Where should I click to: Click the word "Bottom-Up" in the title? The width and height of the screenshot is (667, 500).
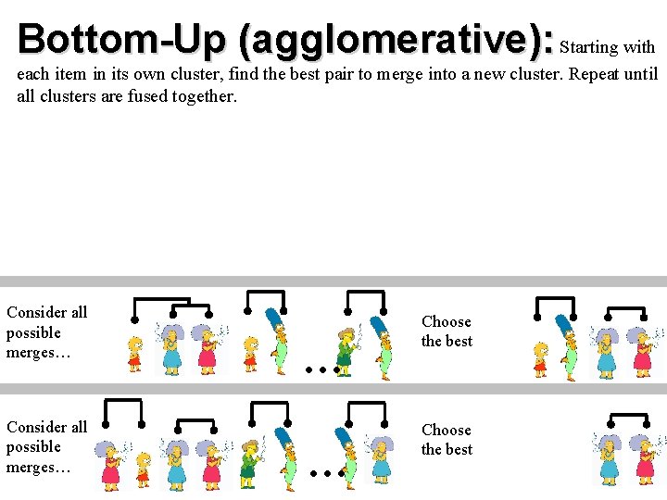120,39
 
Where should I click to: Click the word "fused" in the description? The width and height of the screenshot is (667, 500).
136,95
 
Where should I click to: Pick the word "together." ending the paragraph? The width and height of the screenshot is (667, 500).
205,95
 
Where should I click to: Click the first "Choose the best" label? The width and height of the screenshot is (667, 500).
447,331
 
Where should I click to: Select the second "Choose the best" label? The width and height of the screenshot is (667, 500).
447,440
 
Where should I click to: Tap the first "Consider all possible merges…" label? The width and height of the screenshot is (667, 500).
46,332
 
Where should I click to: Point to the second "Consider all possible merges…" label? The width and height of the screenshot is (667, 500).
46,447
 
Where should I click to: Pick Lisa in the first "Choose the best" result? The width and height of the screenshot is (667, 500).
541,358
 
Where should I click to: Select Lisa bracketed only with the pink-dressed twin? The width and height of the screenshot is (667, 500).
143,468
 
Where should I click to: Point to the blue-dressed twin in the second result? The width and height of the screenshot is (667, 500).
608,458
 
